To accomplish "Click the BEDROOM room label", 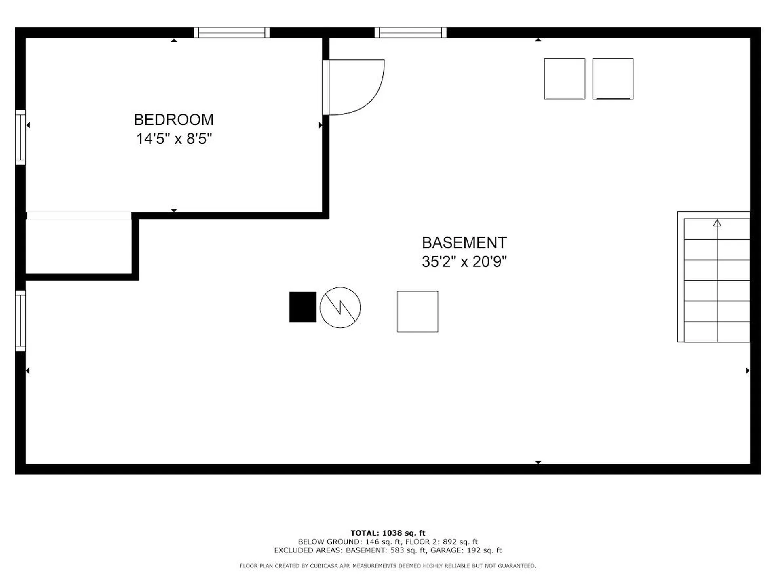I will [x=174, y=120].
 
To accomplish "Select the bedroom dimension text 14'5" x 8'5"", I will [x=174, y=139].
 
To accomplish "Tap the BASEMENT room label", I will [x=464, y=243].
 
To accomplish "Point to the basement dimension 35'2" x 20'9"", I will [x=464, y=262].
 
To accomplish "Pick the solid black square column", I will [x=303, y=307].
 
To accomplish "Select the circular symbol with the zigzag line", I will [x=340, y=308].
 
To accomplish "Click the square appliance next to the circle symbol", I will [x=418, y=312].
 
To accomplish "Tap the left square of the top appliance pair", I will [x=564, y=79].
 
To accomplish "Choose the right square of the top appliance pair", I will [x=613, y=79].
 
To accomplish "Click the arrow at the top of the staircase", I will [x=717, y=223].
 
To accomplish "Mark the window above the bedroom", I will [x=232, y=33].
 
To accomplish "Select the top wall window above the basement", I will [x=410, y=33].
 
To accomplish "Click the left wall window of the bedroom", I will [x=21, y=137].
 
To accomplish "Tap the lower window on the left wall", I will [x=21, y=321].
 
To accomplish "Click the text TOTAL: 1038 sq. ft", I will [x=388, y=533].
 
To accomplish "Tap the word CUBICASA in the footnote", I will [x=324, y=566].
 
